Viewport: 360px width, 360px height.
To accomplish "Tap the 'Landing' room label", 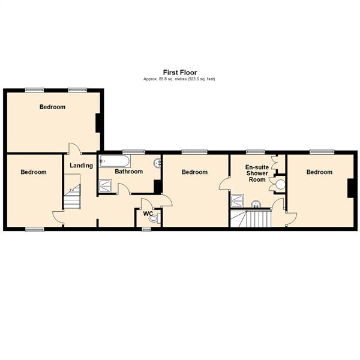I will click(x=81, y=166).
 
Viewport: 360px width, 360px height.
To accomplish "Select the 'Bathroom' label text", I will click(x=129, y=172).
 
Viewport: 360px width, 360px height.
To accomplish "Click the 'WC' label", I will click(x=147, y=212).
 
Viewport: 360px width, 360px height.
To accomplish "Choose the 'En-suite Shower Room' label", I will click(x=256, y=173).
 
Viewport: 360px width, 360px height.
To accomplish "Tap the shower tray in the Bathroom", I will click(x=106, y=187).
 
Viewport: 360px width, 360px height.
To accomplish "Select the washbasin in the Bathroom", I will click(x=157, y=162).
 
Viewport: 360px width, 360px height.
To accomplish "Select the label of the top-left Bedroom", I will click(x=52, y=107).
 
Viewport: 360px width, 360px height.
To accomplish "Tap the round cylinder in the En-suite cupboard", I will click(x=279, y=183).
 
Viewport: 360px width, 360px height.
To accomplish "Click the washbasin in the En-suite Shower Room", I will click(x=256, y=203).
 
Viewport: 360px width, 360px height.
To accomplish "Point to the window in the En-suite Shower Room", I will click(x=256, y=151).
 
